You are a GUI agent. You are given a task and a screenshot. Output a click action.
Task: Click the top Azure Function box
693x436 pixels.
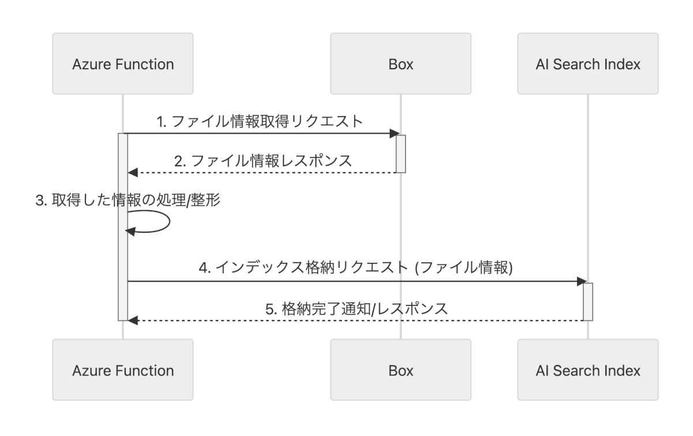(x=122, y=64)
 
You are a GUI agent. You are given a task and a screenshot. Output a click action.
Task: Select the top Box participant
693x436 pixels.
(x=401, y=64)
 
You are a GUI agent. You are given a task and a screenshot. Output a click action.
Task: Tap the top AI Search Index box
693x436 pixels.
(x=588, y=64)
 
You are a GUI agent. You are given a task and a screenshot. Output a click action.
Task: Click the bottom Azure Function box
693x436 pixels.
(x=122, y=370)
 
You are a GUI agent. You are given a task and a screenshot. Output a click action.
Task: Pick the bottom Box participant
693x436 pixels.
(x=401, y=370)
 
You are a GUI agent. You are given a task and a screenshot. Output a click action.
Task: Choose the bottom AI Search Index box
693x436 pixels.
(x=588, y=370)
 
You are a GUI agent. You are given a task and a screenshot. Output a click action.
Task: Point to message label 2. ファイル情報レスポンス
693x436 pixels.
(x=263, y=160)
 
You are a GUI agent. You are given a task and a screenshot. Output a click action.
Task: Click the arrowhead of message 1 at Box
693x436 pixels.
(x=394, y=134)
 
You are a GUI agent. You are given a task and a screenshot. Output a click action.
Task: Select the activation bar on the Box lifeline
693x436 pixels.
(x=401, y=153)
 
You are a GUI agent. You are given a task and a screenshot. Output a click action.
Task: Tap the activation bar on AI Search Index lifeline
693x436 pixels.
(x=588, y=301)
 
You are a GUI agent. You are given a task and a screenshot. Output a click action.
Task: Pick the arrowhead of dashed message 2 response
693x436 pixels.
(x=132, y=172)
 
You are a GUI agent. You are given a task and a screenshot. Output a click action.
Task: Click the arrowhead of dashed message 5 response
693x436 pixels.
(x=132, y=320)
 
